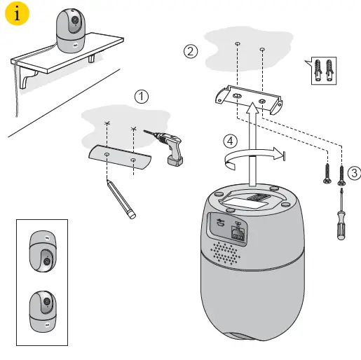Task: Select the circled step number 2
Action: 189,50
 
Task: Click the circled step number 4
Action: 230,140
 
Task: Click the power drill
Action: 169,146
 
